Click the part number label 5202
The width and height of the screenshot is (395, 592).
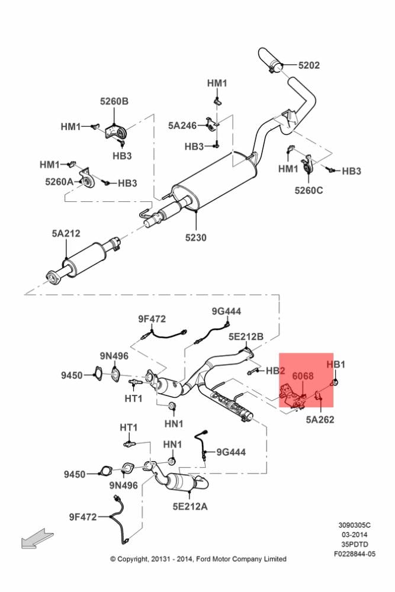[x=309, y=65]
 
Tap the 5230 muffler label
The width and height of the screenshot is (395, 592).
[x=195, y=237]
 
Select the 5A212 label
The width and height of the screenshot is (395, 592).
[x=66, y=233]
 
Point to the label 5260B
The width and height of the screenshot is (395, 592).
[x=114, y=101]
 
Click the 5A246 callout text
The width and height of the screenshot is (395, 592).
[x=182, y=126]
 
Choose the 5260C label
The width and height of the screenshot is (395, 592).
[x=309, y=190]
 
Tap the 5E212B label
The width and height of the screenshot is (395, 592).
[x=246, y=336]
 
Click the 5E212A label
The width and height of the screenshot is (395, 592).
[x=190, y=506]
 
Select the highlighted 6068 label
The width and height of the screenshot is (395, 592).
[x=303, y=376]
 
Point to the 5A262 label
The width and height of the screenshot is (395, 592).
[x=320, y=420]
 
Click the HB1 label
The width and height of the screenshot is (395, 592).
[x=336, y=364]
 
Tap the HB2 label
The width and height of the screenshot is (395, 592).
[x=275, y=371]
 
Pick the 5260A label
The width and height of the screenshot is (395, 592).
[x=59, y=182]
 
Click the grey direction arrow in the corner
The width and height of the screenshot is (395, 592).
[x=37, y=538]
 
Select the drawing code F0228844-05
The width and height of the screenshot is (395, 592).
[x=355, y=554]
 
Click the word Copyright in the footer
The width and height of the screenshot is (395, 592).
[x=133, y=559]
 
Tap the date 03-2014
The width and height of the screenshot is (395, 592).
[x=355, y=535]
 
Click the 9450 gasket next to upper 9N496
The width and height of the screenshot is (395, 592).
[x=98, y=372]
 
